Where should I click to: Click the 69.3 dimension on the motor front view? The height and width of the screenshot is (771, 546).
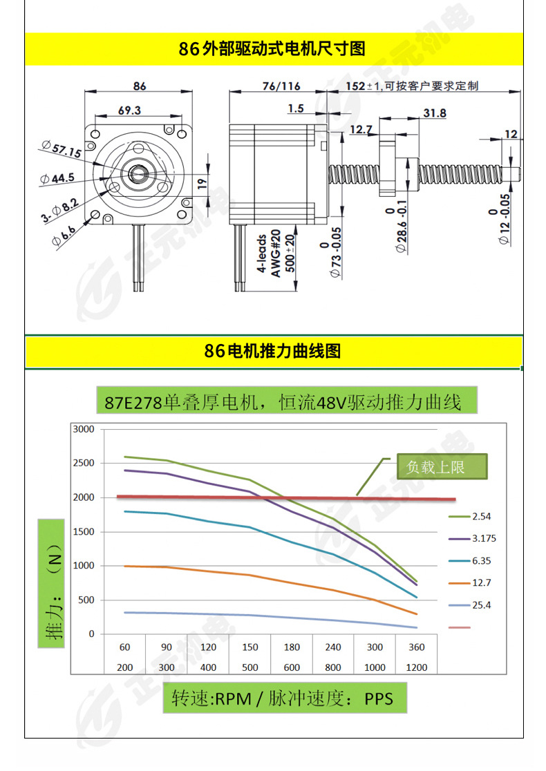(129, 110)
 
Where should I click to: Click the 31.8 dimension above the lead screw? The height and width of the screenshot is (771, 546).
(434, 113)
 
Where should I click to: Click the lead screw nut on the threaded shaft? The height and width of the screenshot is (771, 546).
(388, 166)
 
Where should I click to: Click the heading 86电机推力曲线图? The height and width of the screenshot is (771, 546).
(272, 351)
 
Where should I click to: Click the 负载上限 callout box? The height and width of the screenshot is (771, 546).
(436, 467)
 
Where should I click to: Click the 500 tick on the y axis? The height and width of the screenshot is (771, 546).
(86, 600)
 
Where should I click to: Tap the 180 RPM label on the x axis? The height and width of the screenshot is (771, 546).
(292, 647)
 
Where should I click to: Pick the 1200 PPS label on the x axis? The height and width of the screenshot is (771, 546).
(416, 667)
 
